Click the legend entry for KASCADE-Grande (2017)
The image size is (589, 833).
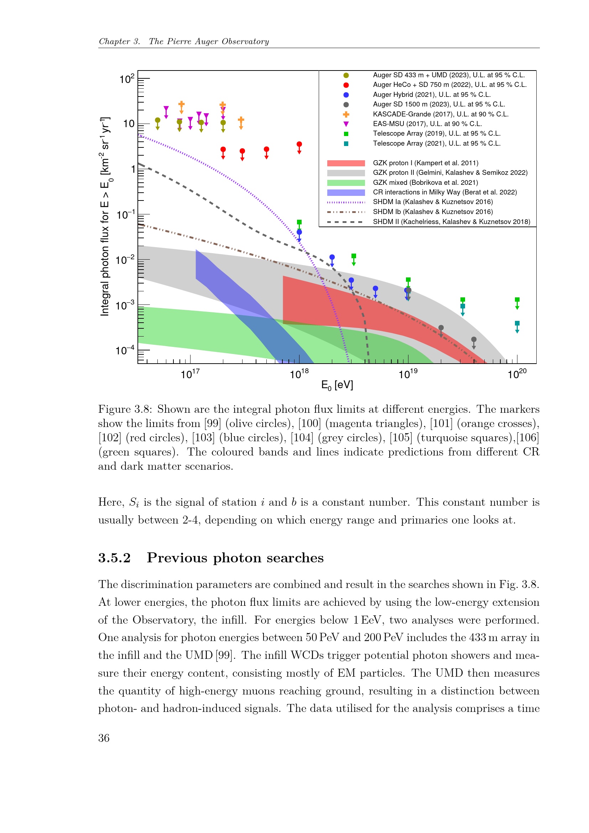pyautogui.click(x=440, y=114)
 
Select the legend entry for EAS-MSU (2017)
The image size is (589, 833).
pyautogui.click(x=427, y=124)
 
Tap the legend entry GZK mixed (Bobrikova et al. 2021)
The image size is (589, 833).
pyautogui.click(x=426, y=182)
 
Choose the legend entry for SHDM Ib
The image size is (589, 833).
pyautogui.click(x=433, y=212)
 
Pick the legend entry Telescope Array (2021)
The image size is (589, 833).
pyautogui.click(x=437, y=144)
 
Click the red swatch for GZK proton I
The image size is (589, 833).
pyautogui.click(x=346, y=163)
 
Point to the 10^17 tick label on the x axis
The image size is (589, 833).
pyautogui.click(x=190, y=374)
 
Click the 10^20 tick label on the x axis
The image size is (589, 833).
pyautogui.click(x=517, y=374)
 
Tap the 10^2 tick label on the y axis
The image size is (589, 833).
pyautogui.click(x=127, y=78)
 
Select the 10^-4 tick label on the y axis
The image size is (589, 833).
pyautogui.click(x=125, y=350)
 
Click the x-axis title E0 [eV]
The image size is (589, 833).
pyautogui.click(x=337, y=385)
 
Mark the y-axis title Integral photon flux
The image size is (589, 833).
pyautogui.click(x=104, y=217)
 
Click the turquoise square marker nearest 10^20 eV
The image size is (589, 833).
pyautogui.click(x=517, y=323)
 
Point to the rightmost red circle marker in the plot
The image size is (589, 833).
pyautogui.click(x=299, y=144)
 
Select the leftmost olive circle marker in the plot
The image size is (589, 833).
pyautogui.click(x=157, y=120)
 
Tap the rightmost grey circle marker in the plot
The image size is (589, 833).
pyautogui.click(x=474, y=340)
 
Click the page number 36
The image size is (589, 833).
pyautogui.click(x=104, y=738)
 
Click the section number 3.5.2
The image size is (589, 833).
pyautogui.click(x=114, y=558)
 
